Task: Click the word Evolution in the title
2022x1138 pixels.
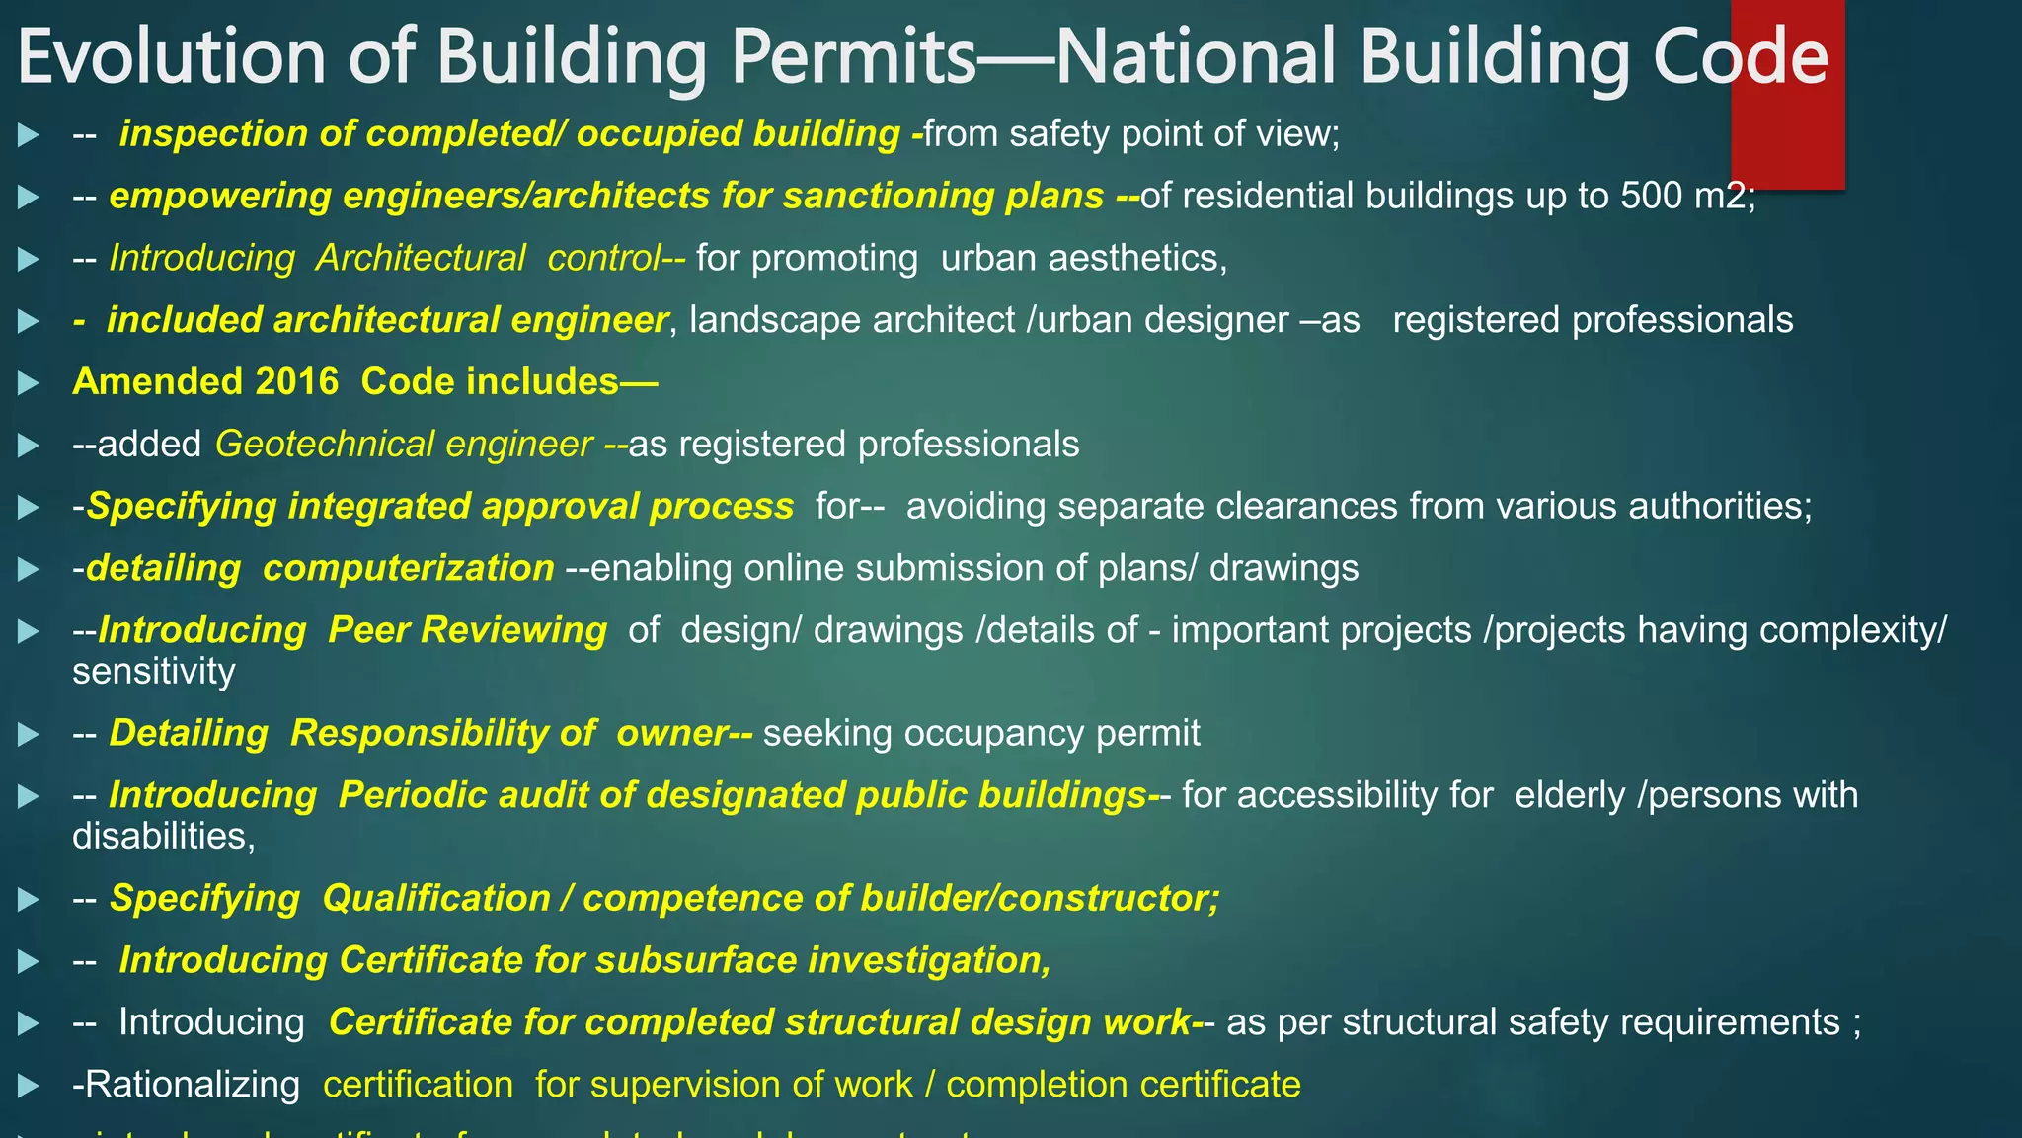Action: (171, 57)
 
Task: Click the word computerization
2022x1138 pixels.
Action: (408, 568)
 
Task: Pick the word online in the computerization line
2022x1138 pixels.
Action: (794, 568)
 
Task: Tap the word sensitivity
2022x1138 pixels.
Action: (154, 672)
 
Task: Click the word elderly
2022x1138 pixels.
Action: (1569, 795)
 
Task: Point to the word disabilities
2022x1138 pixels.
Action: (163, 837)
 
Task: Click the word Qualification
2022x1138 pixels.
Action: (435, 898)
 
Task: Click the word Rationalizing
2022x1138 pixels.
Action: (186, 1085)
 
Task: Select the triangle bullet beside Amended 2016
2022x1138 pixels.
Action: (29, 383)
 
